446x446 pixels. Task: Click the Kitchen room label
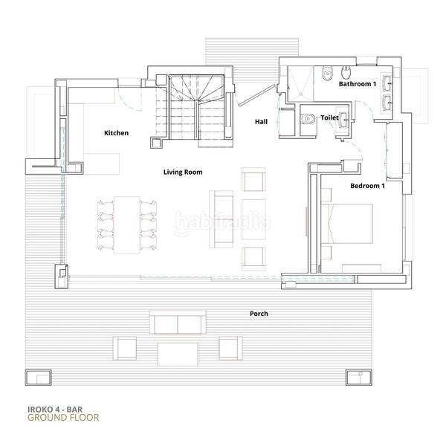point(116,133)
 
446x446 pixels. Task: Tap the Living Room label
point(183,172)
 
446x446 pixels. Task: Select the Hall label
point(261,121)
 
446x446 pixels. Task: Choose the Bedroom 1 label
point(366,185)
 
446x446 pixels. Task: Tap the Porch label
point(259,314)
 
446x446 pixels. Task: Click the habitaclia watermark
point(222,221)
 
